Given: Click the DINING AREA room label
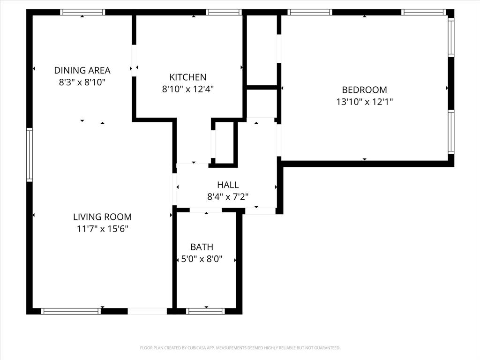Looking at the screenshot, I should click(x=82, y=71).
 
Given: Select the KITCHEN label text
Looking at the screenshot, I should click(x=187, y=77).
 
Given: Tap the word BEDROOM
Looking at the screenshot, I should click(x=364, y=90).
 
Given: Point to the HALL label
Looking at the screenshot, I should click(x=228, y=185).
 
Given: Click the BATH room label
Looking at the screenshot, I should click(x=202, y=247).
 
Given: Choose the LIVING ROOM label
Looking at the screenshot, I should click(x=102, y=217).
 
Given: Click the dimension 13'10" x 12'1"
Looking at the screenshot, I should click(x=364, y=101).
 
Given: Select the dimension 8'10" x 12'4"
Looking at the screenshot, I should click(x=187, y=89).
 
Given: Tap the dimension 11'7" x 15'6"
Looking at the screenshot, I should click(x=102, y=229).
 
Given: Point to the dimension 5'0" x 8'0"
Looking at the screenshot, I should click(x=202, y=258).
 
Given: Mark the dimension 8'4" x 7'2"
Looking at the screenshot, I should click(x=228, y=197).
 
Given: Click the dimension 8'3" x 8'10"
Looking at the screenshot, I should click(x=82, y=82).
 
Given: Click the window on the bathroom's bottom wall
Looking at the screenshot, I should click(x=205, y=311).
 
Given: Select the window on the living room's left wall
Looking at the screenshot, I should click(x=30, y=155).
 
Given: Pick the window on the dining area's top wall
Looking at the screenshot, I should click(x=82, y=12).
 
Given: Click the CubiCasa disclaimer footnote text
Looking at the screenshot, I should click(x=240, y=348).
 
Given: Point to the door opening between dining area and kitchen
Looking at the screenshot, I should click(x=134, y=60).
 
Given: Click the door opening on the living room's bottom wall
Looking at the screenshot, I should click(x=147, y=311).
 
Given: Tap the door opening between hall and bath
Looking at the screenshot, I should click(x=206, y=210).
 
